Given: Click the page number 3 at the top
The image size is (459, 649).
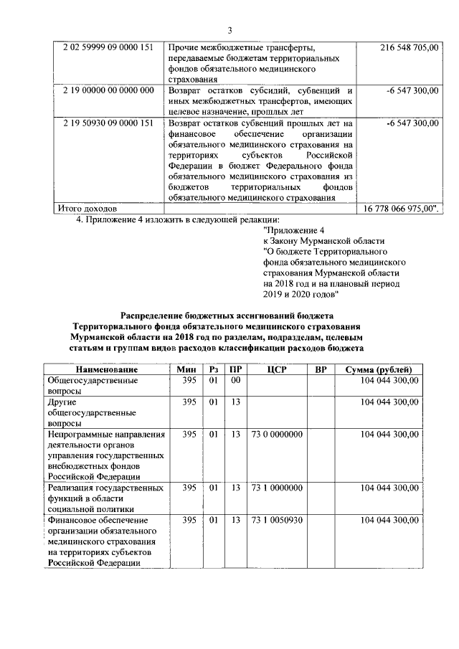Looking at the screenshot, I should (x=229, y=29).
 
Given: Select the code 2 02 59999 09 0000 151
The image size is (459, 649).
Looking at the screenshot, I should (x=108, y=47).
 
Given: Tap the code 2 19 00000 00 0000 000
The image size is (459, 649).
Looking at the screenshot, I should (x=108, y=90).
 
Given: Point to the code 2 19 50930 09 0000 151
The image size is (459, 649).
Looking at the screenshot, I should (x=108, y=123).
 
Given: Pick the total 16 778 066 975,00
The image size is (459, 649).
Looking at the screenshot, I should (x=404, y=208).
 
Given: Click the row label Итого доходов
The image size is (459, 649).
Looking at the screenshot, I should (x=82, y=208).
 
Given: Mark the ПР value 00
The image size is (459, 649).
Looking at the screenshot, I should (x=235, y=380).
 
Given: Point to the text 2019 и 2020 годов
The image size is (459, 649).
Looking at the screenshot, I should (x=306, y=295).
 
